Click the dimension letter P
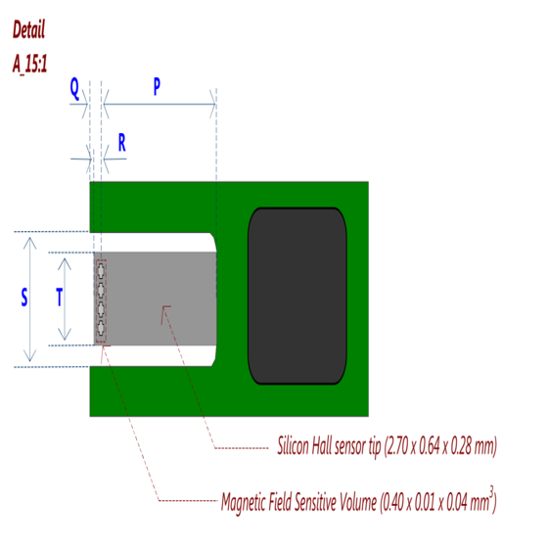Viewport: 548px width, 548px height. tap(157, 86)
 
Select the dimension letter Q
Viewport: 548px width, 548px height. tap(74, 88)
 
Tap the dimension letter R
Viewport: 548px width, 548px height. tap(121, 142)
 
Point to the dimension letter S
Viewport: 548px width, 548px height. tap(24, 297)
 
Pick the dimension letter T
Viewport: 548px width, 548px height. tap(60, 297)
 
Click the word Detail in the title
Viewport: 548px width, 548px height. tap(29, 29)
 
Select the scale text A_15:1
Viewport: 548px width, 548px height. tap(29, 64)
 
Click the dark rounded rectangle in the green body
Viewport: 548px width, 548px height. tap(297, 296)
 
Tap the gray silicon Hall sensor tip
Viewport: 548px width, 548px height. tap(156, 298)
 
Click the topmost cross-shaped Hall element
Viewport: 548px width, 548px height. tap(101, 270)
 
